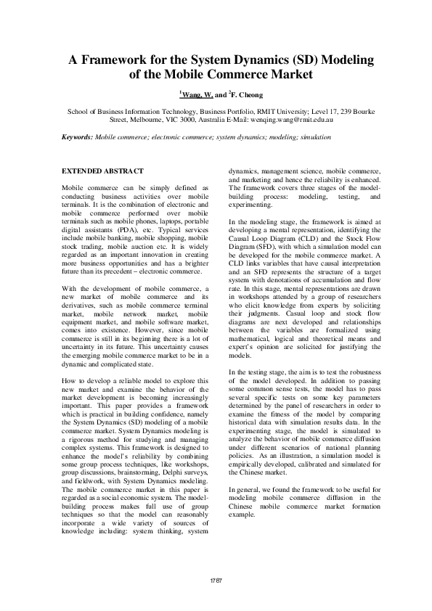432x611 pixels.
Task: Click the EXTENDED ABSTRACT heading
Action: coord(102,171)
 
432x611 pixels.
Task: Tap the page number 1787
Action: coord(216,581)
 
